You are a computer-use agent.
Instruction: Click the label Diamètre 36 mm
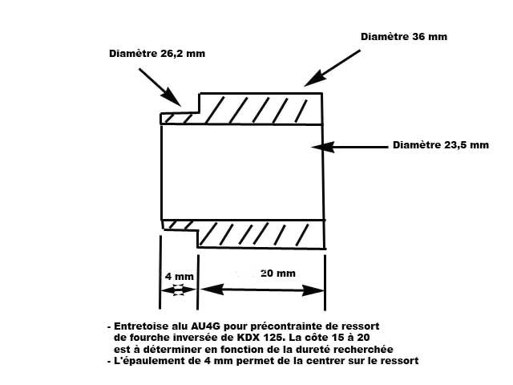404,37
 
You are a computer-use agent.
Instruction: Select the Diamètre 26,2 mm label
157,54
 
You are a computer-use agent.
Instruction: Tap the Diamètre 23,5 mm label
441,145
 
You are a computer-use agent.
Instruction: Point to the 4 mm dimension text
180,277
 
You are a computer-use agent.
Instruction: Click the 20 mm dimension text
278,273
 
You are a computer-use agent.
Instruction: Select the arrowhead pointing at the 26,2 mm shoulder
171,97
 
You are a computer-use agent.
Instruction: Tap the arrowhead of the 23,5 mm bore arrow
323,148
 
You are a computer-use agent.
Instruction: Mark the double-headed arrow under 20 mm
262,290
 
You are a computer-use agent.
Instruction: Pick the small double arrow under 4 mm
179,290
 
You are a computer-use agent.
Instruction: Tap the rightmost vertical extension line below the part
325,282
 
